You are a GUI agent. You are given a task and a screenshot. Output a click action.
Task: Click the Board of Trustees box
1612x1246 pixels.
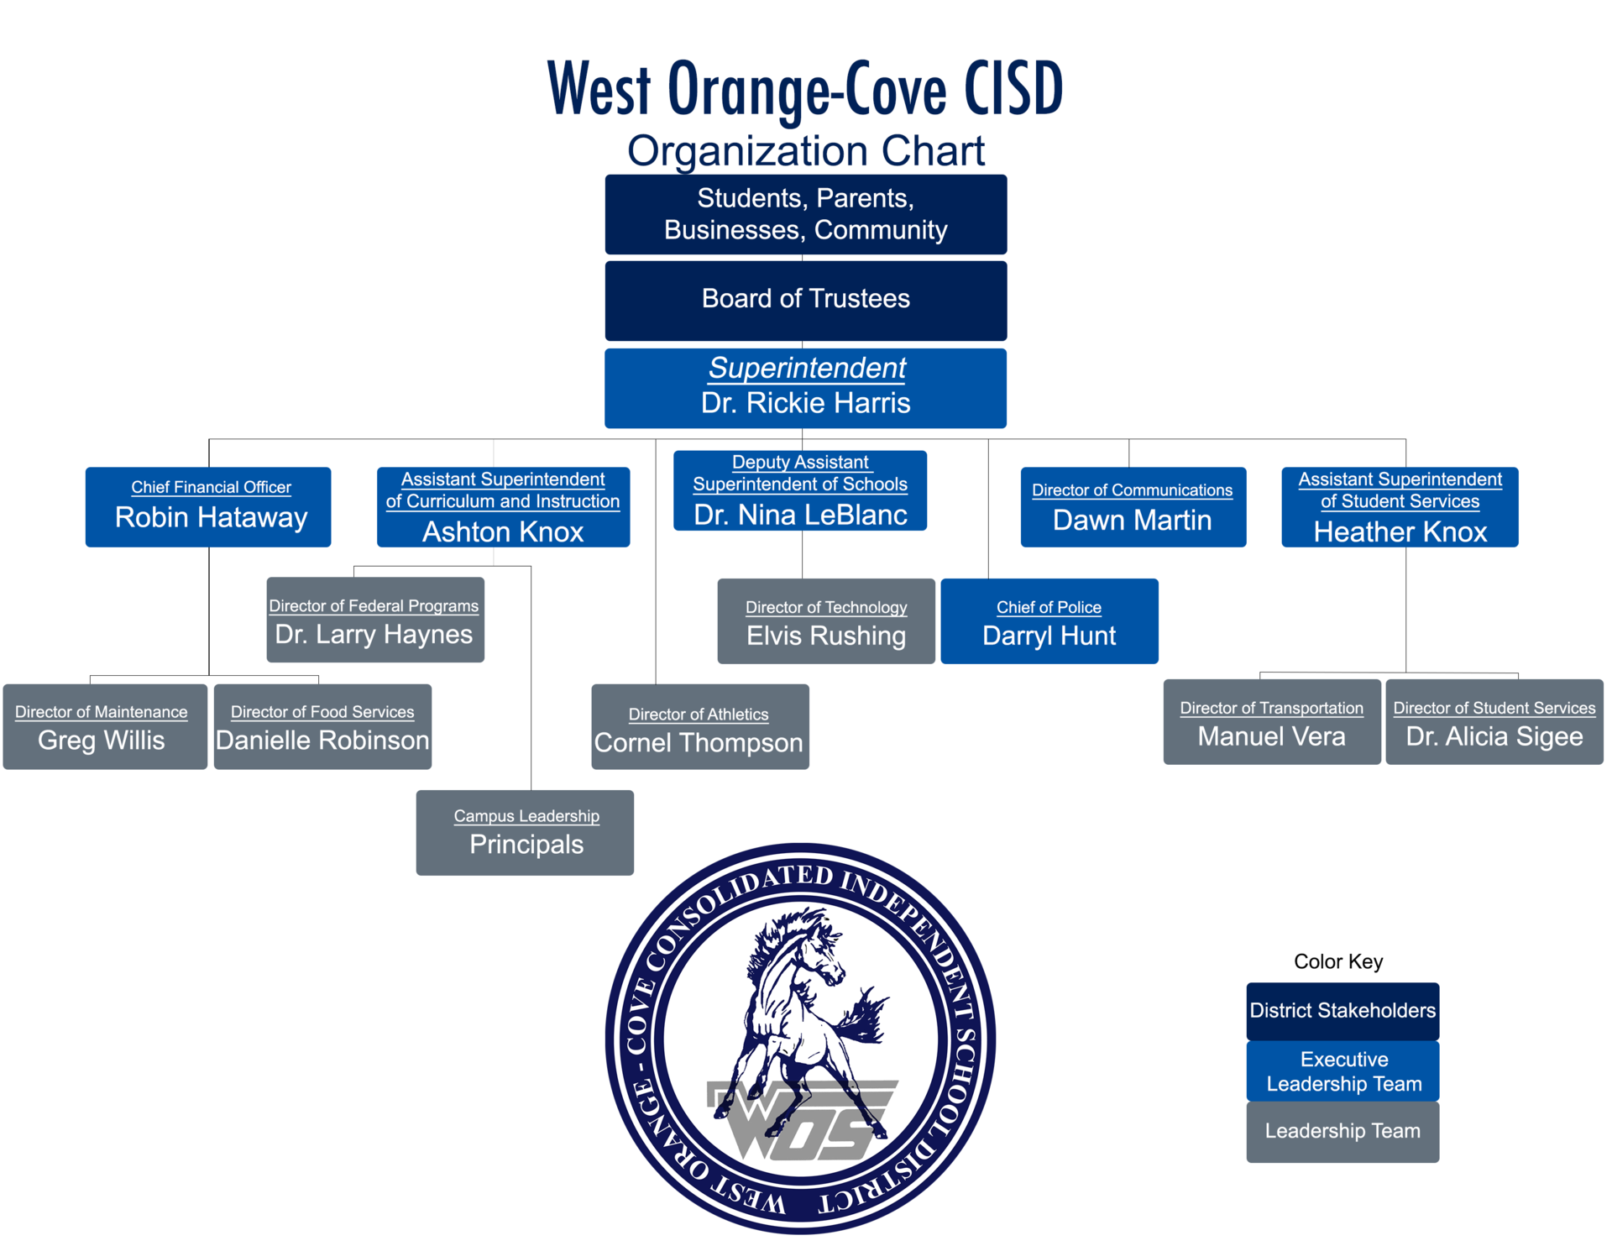805,301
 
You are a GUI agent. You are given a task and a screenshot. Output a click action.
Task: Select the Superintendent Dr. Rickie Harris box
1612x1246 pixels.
805,388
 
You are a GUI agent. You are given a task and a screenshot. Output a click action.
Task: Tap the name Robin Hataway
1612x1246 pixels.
211,517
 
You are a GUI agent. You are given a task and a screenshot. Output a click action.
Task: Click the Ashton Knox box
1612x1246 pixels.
502,508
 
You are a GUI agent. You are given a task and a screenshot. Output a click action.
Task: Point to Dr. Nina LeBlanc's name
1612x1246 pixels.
800,515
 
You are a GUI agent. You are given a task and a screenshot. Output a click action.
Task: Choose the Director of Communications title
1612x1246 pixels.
1132,490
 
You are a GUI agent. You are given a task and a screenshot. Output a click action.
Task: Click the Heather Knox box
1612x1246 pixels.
1400,508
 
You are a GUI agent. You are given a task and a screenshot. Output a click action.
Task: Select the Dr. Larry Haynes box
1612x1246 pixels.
374,620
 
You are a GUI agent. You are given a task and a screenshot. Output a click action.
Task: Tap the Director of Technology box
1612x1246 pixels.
826,621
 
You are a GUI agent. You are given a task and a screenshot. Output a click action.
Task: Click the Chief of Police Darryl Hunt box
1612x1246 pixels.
1049,621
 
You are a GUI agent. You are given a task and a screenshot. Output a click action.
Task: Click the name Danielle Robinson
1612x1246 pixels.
322,741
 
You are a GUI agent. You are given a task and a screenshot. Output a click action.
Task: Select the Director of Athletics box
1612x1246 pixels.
699,727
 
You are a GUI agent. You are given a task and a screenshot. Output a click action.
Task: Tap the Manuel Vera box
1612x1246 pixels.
1271,722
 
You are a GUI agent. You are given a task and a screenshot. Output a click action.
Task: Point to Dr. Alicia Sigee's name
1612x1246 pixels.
1494,736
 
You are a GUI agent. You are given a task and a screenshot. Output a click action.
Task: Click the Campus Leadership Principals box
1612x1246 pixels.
525,833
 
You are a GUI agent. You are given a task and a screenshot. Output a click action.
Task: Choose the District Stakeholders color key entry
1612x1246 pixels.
1342,1011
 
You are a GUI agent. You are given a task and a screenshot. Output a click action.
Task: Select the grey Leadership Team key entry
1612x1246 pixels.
1342,1132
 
